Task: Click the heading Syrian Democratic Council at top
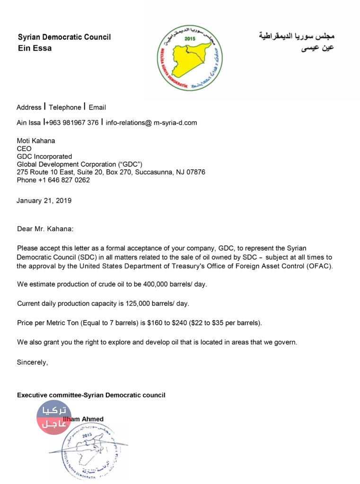[64, 37]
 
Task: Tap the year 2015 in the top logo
[190, 38]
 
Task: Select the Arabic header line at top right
[296, 36]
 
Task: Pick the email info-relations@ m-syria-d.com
[151, 123]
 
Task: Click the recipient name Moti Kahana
[36, 141]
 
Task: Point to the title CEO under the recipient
[24, 149]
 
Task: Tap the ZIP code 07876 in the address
[195, 172]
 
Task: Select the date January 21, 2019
[44, 200]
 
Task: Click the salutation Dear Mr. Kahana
[45, 229]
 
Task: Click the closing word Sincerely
[32, 363]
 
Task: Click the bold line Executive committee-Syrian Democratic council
[91, 395]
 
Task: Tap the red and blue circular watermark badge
[54, 417]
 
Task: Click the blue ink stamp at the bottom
[95, 449]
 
